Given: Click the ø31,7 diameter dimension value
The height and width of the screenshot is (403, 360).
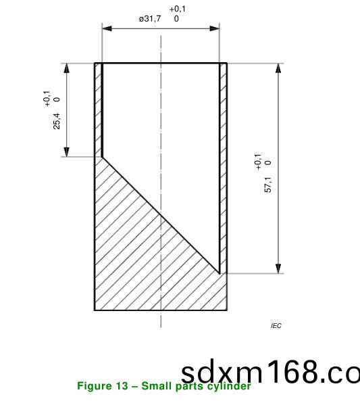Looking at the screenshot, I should point(150,19).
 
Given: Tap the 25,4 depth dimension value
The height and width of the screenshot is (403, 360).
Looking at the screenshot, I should point(57,120).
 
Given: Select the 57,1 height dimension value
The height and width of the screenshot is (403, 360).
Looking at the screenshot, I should point(268,185).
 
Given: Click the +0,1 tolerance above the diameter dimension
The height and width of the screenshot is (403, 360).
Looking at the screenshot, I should point(178,9).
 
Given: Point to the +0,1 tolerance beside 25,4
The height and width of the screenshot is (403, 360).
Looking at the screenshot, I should point(47,98).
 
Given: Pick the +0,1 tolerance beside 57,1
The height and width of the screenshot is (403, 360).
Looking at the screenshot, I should point(257,162).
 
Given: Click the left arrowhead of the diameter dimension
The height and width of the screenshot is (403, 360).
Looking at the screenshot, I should point(107,28).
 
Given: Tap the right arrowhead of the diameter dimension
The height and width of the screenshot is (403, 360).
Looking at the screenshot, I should point(215,28).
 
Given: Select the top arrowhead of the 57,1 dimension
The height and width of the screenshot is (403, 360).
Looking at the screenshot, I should point(278,68).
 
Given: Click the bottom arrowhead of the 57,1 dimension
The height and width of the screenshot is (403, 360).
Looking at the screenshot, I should point(278,268).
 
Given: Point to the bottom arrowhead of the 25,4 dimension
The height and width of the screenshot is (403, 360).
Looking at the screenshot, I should point(67,152).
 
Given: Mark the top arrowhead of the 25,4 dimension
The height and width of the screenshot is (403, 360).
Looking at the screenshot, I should point(67,68).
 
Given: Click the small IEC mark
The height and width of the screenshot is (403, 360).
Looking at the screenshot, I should point(276,326).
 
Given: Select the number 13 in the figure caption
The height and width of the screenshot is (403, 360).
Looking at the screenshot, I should point(122,386).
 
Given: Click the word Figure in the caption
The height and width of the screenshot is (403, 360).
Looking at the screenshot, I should point(95,386).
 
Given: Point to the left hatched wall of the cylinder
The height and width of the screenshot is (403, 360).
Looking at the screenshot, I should point(98,108).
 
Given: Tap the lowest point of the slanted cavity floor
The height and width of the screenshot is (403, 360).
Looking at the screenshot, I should point(220,273).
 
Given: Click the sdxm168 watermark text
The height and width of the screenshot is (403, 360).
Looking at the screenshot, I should point(270,372).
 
